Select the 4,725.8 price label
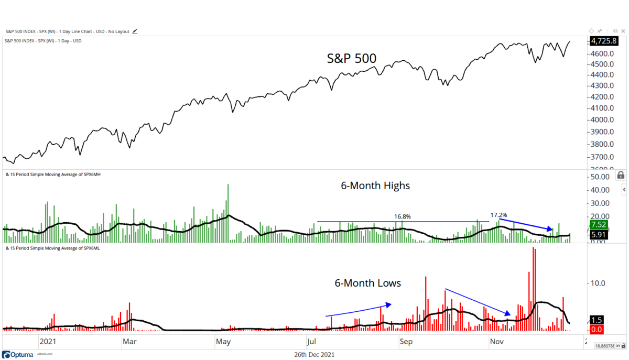click(x=602, y=41)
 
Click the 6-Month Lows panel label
click(x=367, y=283)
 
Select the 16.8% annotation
click(x=403, y=216)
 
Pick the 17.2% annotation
click(x=498, y=215)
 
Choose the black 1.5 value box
click(x=596, y=320)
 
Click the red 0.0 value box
click(x=596, y=330)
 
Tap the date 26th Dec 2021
click(x=314, y=355)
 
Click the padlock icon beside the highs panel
click(x=621, y=175)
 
